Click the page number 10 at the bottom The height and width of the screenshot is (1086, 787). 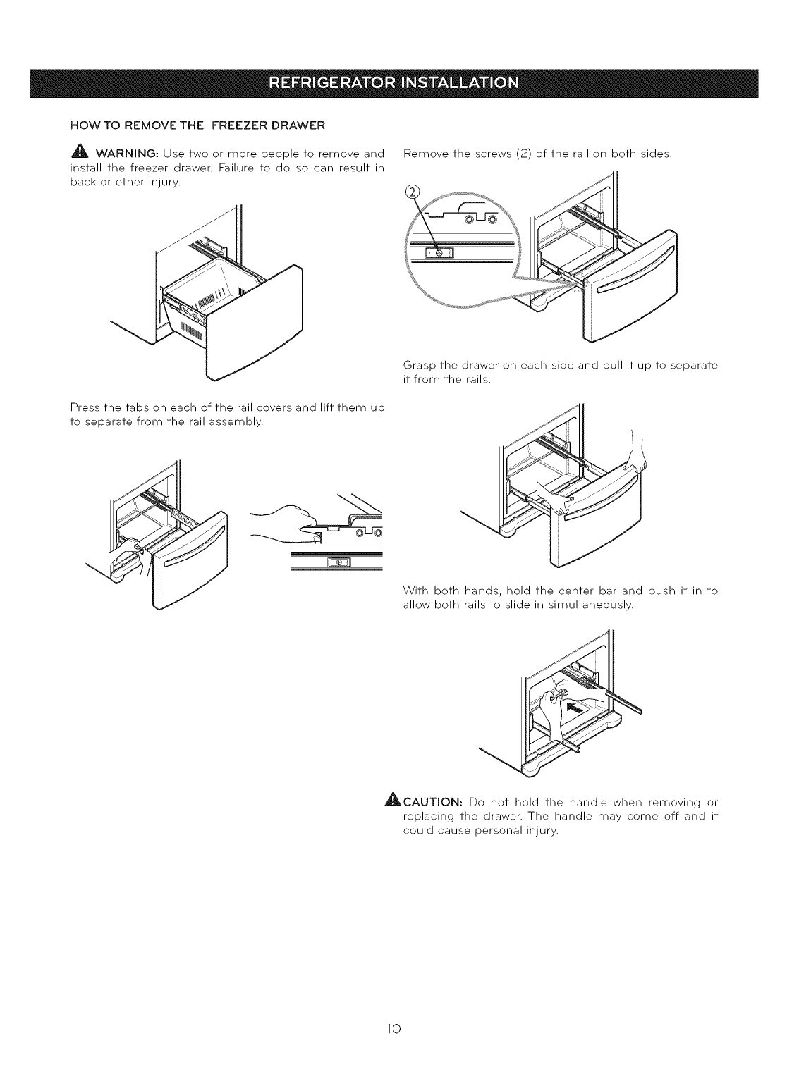394,1030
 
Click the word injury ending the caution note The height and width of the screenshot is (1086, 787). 541,832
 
